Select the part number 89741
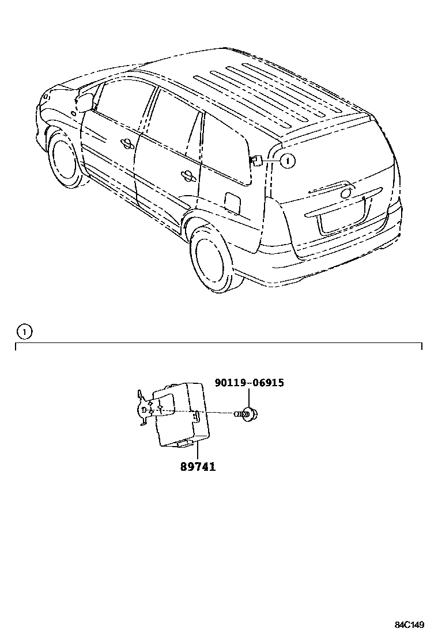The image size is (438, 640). coord(197,466)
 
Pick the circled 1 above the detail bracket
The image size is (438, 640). coord(24,332)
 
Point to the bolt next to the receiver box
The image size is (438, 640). coord(248,413)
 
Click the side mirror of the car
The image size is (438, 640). coord(85,102)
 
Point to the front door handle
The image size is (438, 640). coord(127,143)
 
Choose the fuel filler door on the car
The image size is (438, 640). coord(232,201)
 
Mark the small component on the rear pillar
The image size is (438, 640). coord(256,161)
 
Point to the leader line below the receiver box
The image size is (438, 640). coord(197,452)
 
